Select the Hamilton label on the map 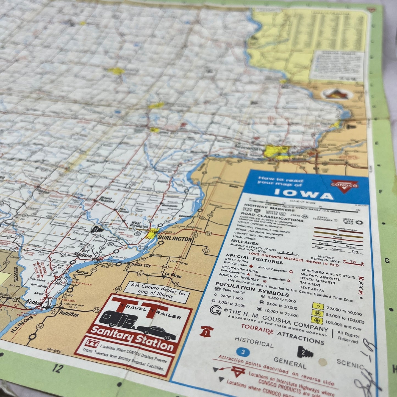tap(69, 314)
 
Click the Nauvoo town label tap(82, 273)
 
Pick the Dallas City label tap(141, 265)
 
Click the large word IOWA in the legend tap(304, 194)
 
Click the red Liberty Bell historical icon tap(205, 331)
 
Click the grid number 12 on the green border tap(57, 368)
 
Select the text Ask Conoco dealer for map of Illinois tap(159, 291)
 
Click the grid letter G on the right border tap(387, 260)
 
